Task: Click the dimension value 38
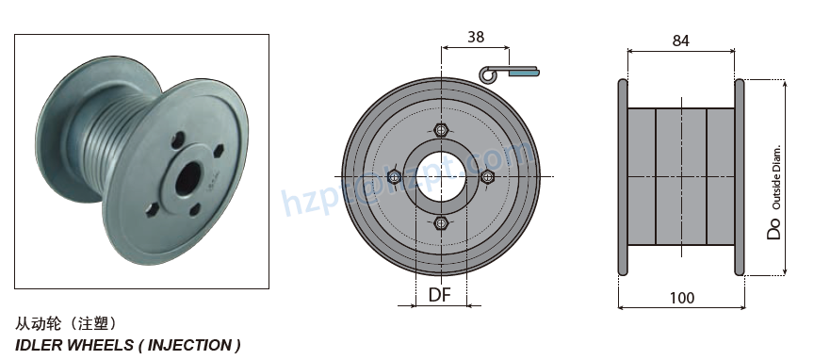(x=476, y=37)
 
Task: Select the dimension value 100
(x=681, y=298)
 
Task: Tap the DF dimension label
(x=440, y=295)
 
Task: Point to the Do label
(x=774, y=227)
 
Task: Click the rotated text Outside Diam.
(x=776, y=178)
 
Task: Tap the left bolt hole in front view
(x=394, y=176)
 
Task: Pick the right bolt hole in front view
(x=487, y=176)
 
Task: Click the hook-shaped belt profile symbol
(x=509, y=72)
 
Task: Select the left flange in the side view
(x=622, y=177)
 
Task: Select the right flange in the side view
(x=740, y=177)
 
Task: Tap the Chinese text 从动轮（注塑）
(x=66, y=323)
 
